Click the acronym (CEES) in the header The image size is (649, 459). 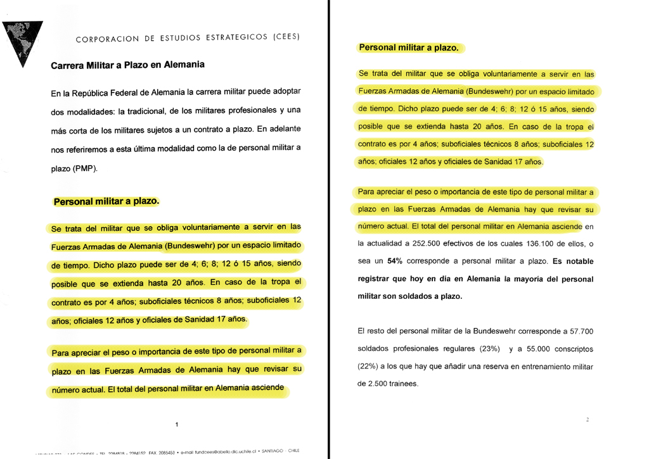click(285, 37)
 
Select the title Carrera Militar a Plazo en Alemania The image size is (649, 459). click(127, 65)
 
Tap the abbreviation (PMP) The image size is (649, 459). click(83, 169)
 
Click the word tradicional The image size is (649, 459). click(186, 111)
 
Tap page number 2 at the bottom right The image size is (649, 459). click(588, 420)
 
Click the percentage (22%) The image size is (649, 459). click(369, 366)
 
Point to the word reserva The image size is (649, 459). click(488, 366)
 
